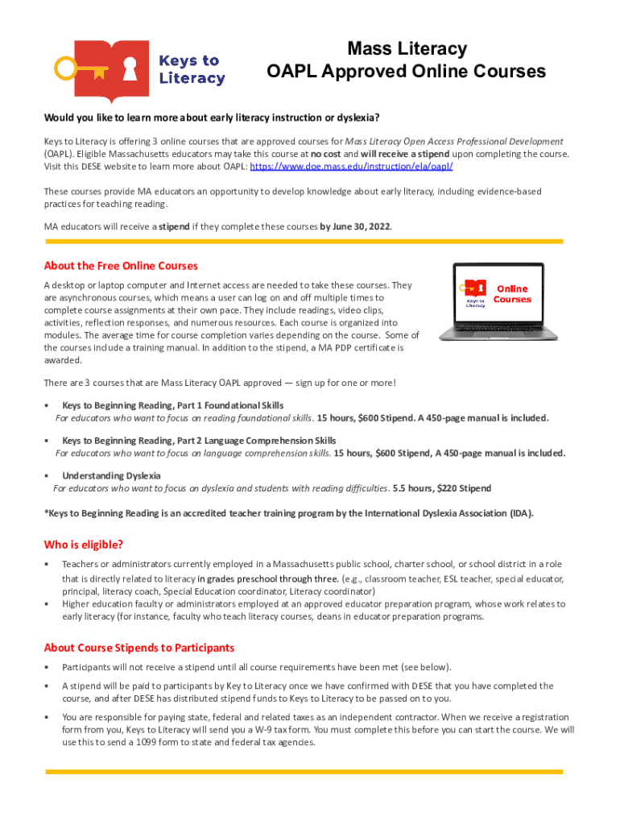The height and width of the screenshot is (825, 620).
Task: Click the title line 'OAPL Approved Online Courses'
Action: [406, 72]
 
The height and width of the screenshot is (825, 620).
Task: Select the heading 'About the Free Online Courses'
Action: [121, 266]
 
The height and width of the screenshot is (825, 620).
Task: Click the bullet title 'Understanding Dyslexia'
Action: [111, 475]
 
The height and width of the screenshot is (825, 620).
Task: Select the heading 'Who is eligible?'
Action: [84, 545]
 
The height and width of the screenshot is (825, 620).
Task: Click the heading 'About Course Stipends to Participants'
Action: [139, 648]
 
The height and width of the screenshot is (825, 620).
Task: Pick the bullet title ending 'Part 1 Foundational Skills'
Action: [172, 405]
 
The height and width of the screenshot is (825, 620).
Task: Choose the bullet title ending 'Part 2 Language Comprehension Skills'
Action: [199, 441]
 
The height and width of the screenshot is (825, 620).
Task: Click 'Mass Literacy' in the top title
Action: [406, 49]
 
